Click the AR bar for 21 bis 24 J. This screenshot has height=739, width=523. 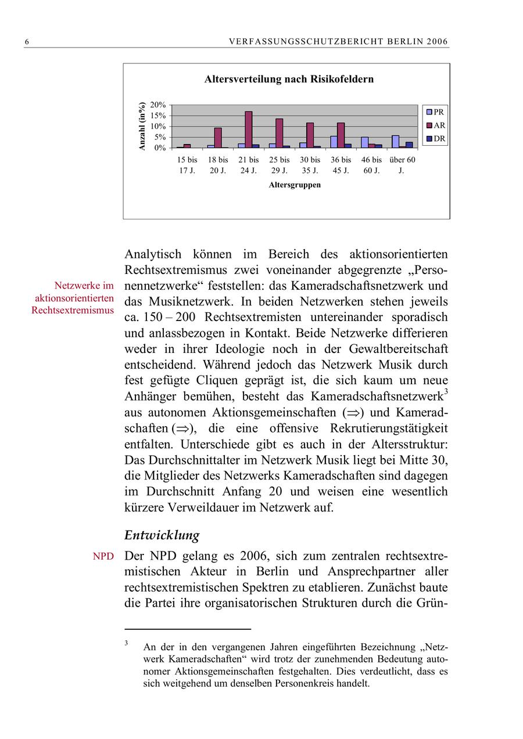[248, 129]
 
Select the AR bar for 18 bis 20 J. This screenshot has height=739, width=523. [218, 138]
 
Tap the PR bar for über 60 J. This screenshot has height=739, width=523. [395, 142]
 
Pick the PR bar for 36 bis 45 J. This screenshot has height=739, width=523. [334, 142]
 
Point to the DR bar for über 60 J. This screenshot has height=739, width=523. [409, 145]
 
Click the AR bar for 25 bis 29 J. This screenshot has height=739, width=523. [279, 133]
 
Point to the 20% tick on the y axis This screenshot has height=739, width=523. [158, 105]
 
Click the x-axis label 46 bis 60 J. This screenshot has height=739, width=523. [371, 165]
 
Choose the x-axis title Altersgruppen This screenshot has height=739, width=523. [295, 185]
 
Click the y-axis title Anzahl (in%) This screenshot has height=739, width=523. [141, 127]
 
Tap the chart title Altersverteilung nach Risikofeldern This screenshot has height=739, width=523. [289, 80]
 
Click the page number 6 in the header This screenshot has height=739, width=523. [27, 42]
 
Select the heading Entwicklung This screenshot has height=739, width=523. [162, 535]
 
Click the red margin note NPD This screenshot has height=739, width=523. [103, 557]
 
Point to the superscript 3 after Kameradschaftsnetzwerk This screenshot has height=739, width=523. [446, 392]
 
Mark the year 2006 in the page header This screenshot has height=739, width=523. [436, 42]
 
